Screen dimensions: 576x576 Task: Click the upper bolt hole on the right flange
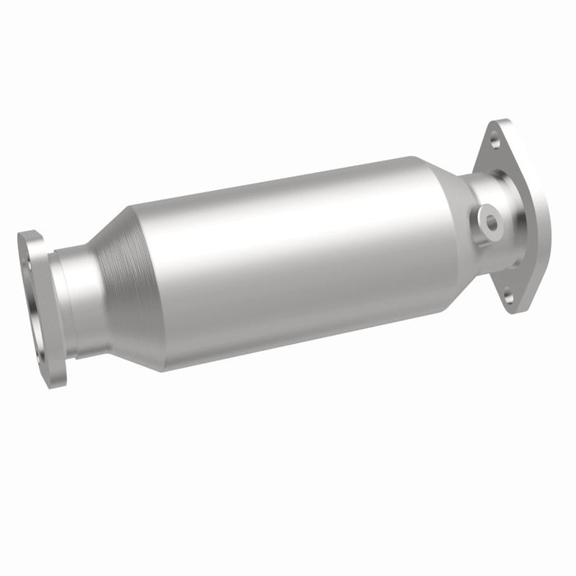[x=495, y=141]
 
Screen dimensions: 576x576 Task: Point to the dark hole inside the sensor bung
[x=490, y=221]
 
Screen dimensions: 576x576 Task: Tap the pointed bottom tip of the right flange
[x=512, y=309]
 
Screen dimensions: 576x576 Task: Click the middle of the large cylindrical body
[x=280, y=263]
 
